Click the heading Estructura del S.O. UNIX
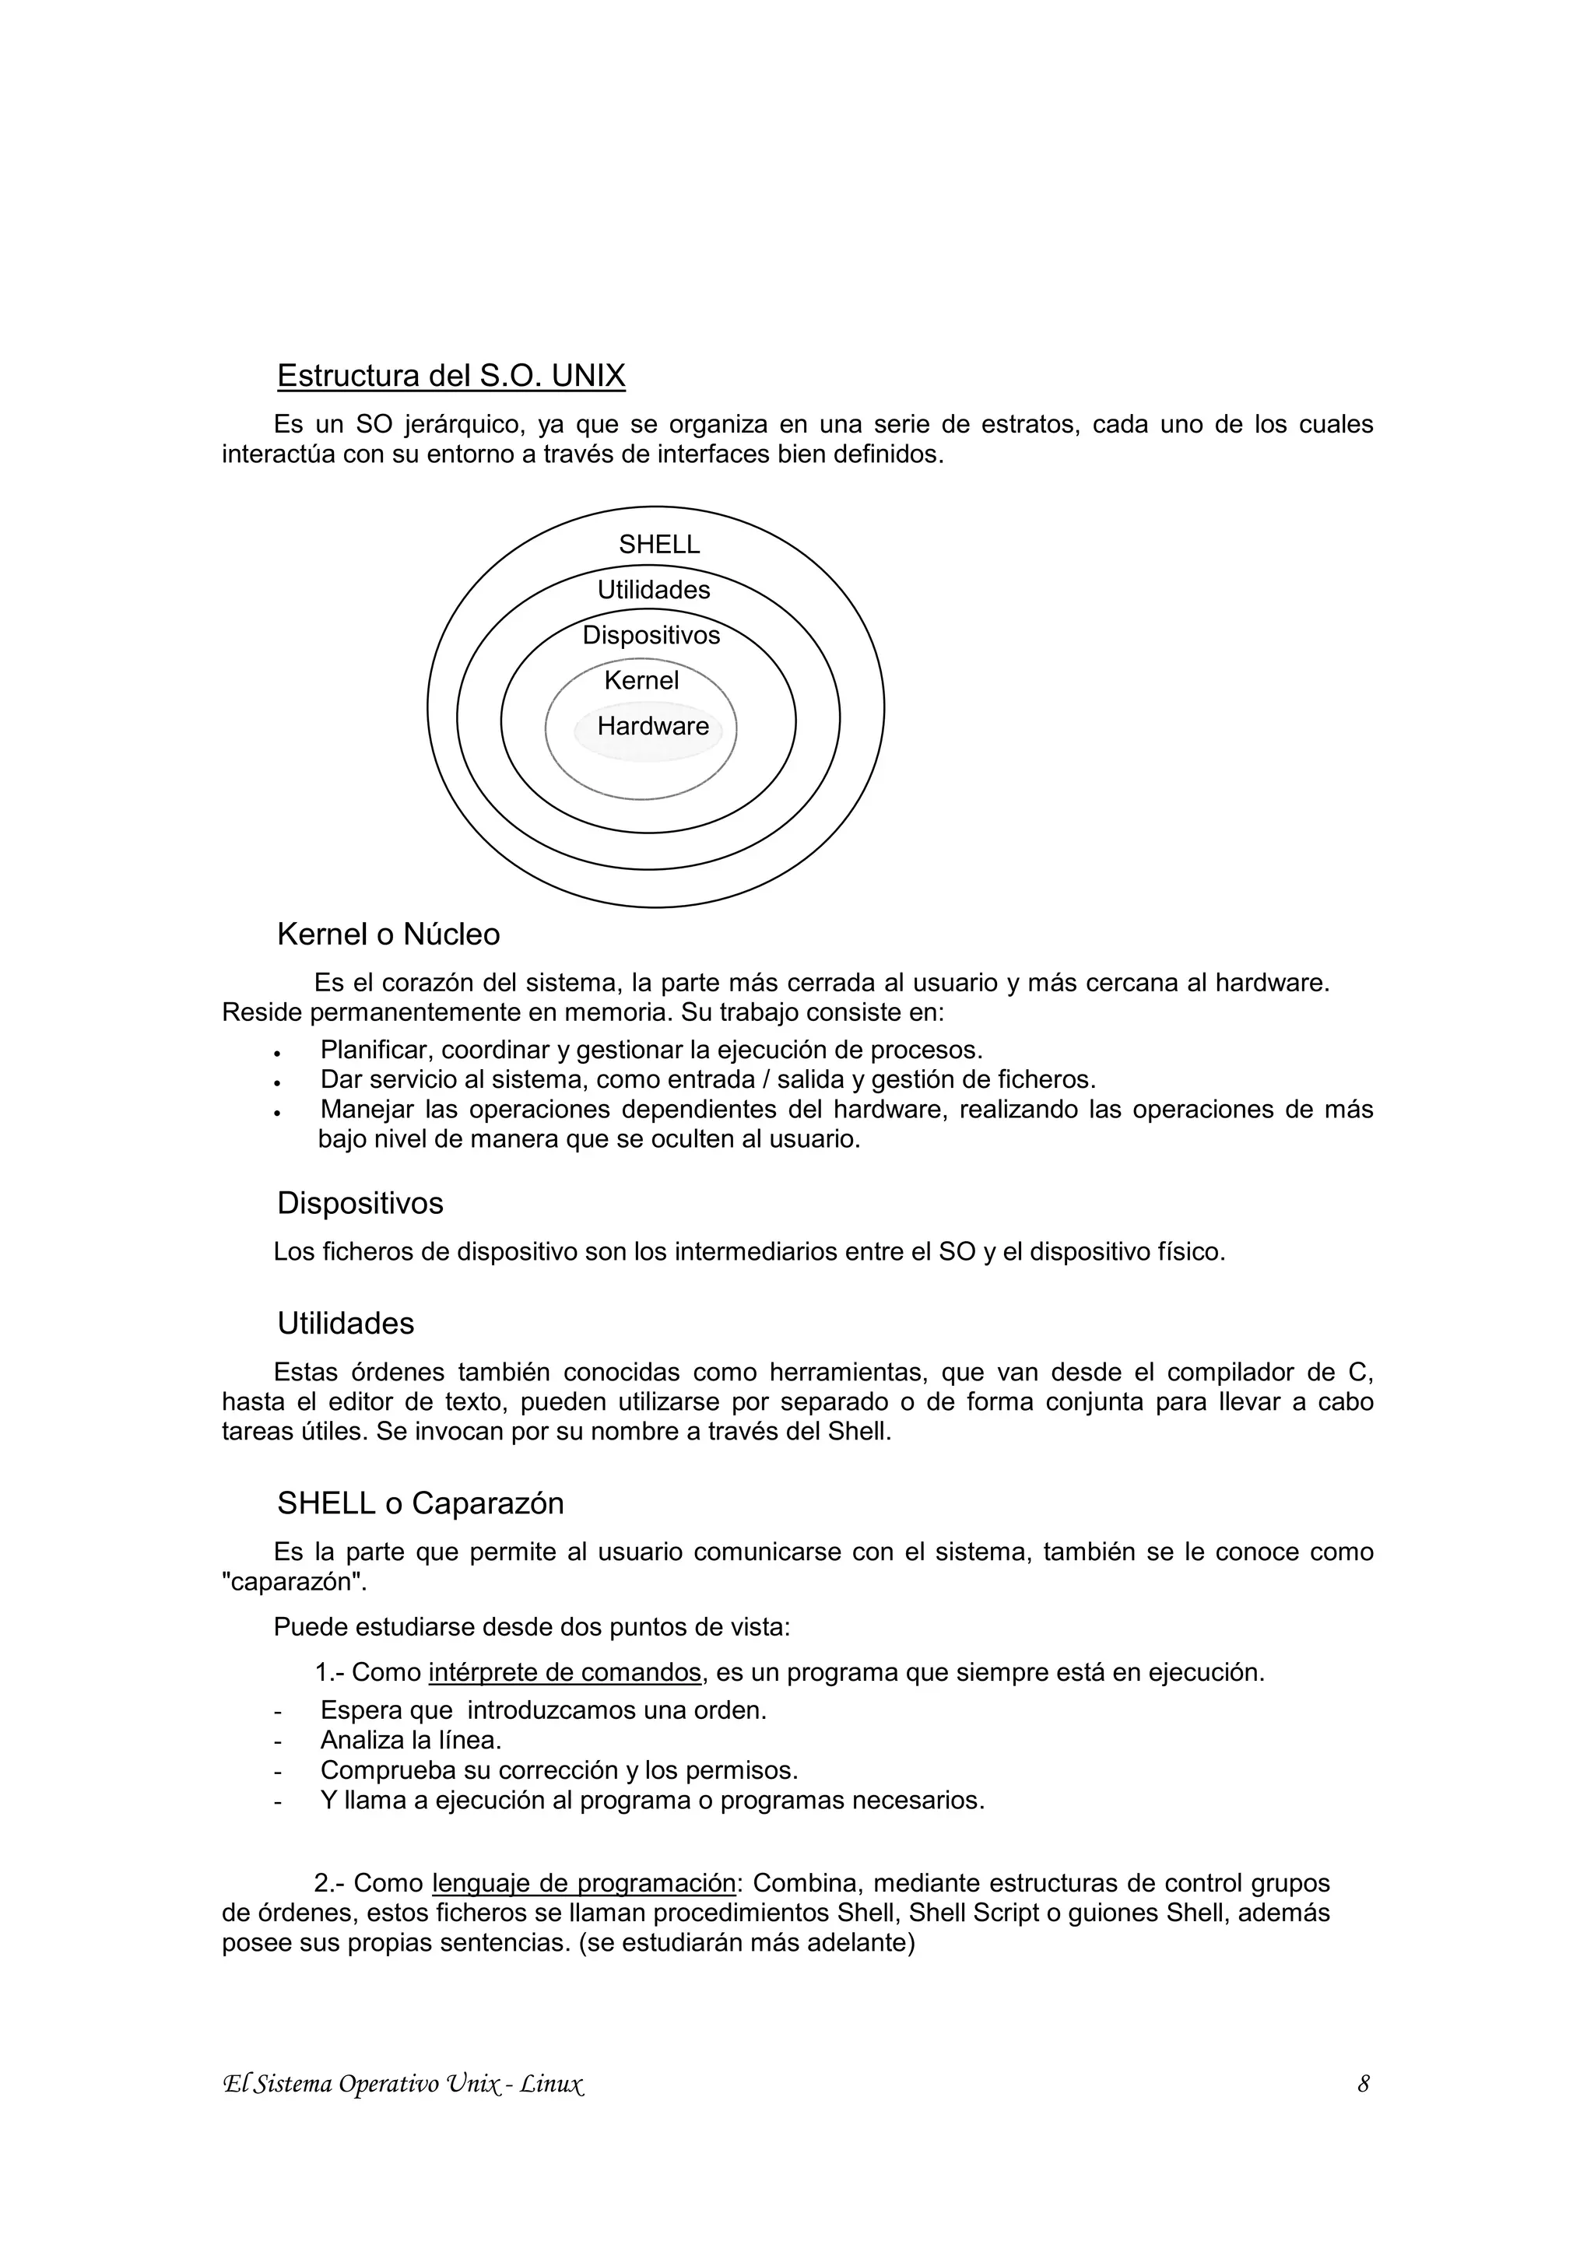[451, 376]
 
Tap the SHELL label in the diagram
[659, 545]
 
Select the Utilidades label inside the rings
[653, 591]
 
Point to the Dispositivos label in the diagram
[651, 636]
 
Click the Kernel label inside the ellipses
[641, 681]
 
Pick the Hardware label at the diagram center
[653, 727]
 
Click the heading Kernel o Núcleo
[388, 934]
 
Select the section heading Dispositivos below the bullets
[360, 1203]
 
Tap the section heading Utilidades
[346, 1324]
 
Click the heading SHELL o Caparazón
[420, 1503]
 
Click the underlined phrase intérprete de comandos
[565, 1673]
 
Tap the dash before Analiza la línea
[278, 1741]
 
